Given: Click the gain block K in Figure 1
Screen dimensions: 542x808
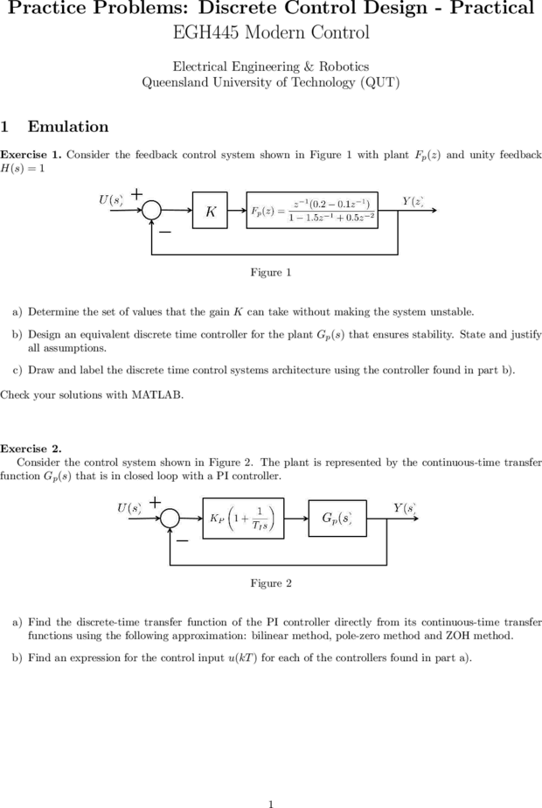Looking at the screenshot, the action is tap(210, 210).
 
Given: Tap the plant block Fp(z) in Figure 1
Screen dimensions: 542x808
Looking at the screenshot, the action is tap(312, 210).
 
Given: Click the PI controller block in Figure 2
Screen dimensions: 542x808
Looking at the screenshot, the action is tap(243, 519).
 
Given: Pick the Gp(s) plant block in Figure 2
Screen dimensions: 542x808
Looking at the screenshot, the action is tap(337, 518).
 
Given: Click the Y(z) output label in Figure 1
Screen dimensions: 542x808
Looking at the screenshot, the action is tap(413, 201).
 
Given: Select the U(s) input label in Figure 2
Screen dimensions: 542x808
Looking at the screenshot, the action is tap(129, 508).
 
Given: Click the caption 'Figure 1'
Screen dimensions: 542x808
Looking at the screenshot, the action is tap(271, 273).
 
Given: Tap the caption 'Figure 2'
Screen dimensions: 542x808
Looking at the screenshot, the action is tap(271, 583).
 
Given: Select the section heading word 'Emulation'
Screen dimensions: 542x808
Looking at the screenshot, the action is tap(68, 127).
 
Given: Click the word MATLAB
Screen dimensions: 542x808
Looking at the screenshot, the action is tap(157, 395).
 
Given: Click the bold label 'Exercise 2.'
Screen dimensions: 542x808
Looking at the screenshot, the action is tap(31, 449).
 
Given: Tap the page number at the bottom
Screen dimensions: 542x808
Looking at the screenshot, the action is tap(271, 804).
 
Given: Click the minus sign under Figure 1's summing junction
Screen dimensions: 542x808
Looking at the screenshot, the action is tap(165, 232).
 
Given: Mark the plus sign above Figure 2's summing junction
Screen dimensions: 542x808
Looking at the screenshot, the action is tap(155, 501).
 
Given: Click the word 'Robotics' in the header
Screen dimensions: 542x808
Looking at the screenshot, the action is tap(344, 66).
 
